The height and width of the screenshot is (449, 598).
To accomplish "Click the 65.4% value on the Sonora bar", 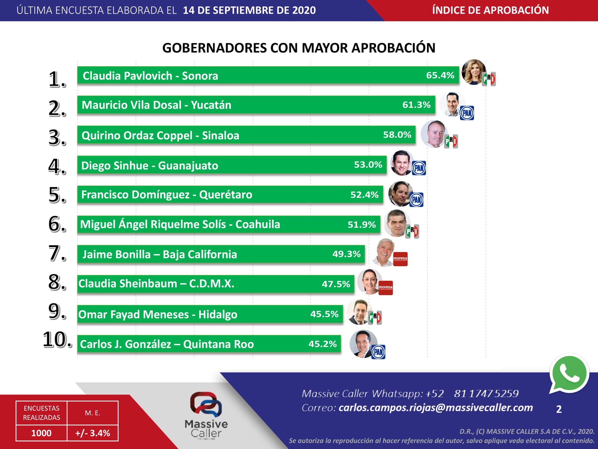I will pyautogui.click(x=440, y=75).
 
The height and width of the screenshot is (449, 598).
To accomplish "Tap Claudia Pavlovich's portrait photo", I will pyautogui.click(x=473, y=72).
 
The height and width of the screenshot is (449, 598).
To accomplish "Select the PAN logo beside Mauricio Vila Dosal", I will pyautogui.click(x=467, y=113).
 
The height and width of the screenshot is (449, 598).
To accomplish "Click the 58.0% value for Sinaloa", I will pyautogui.click(x=397, y=135).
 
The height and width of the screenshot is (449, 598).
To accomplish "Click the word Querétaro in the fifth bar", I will pyautogui.click(x=225, y=195).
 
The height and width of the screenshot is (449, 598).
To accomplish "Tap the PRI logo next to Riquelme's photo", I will pyautogui.click(x=412, y=231).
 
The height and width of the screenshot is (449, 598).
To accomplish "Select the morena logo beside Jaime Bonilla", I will pyautogui.click(x=400, y=259).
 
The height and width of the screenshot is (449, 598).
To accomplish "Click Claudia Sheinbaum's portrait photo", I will pyautogui.click(x=369, y=281).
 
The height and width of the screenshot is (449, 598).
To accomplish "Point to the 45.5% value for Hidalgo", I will pyautogui.click(x=324, y=314).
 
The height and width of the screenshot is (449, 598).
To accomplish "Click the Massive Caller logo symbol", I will pyautogui.click(x=206, y=405).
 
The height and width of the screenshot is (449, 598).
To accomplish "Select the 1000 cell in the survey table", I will pyautogui.click(x=41, y=433).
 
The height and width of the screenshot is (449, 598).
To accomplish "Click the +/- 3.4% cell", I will pyautogui.click(x=93, y=433).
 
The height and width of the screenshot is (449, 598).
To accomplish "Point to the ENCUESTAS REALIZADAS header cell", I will pyautogui.click(x=41, y=413).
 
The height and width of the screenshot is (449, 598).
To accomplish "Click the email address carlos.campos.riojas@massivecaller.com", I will pyautogui.click(x=436, y=408).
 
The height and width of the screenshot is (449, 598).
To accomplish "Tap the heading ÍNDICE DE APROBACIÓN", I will pyautogui.click(x=490, y=10).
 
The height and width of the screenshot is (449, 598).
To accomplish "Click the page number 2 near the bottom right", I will pyautogui.click(x=559, y=409).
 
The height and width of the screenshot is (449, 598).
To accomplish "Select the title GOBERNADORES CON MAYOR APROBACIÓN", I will pyautogui.click(x=299, y=48).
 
